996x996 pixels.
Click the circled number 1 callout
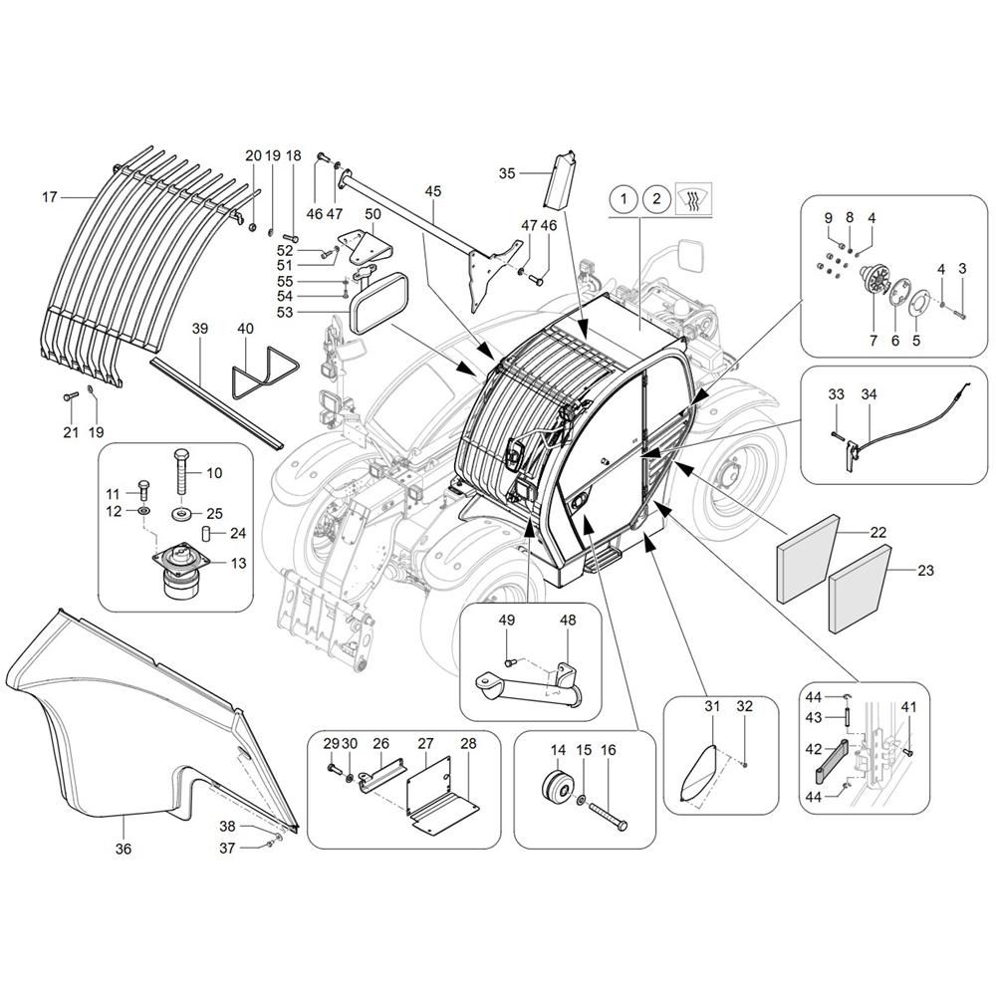pyautogui.click(x=623, y=199)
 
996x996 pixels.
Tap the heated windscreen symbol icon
pyautogui.click(x=694, y=199)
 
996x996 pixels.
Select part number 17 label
pyautogui.click(x=50, y=197)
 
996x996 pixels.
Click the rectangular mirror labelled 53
pyautogui.click(x=380, y=304)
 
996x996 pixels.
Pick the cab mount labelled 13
pyautogui.click(x=180, y=570)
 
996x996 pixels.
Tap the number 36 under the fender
pyautogui.click(x=124, y=849)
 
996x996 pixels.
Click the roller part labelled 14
pyautogui.click(x=558, y=788)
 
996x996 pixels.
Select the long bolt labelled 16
pyautogui.click(x=609, y=816)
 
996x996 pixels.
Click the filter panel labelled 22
pyautogui.click(x=808, y=559)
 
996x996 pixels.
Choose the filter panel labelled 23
pyautogui.click(x=859, y=590)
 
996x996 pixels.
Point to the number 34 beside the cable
pyautogui.click(x=869, y=394)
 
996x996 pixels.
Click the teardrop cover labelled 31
pyautogui.click(x=697, y=773)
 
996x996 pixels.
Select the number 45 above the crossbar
pyautogui.click(x=433, y=191)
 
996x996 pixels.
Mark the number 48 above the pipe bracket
pyautogui.click(x=568, y=620)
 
